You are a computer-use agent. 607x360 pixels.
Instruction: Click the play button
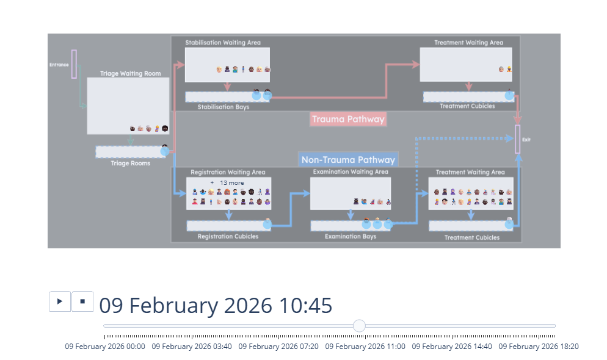pos(60,301)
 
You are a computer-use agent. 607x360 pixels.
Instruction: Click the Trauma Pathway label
pos(348,119)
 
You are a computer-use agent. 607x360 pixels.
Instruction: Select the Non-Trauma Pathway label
pos(348,160)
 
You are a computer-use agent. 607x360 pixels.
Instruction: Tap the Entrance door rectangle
pos(74,64)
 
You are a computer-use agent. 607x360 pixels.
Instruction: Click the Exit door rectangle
pos(518,139)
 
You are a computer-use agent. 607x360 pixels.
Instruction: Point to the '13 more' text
pos(232,183)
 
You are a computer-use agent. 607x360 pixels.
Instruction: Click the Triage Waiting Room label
pos(131,73)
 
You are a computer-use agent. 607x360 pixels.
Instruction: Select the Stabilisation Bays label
pos(224,107)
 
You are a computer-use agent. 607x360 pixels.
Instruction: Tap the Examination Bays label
pos(351,236)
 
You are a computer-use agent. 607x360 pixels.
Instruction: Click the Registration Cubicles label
pos(228,236)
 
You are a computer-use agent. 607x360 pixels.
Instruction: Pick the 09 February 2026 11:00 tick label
pos(365,347)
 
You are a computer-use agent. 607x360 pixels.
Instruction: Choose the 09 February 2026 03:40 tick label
pos(192,347)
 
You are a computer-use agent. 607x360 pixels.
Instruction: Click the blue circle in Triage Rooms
pos(165,151)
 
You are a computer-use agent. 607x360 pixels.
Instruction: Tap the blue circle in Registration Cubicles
pos(267,224)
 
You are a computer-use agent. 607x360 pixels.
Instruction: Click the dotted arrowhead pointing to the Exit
pos(510,138)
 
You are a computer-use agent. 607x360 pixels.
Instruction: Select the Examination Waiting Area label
pos(351,171)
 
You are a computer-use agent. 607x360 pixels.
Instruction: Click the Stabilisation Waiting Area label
pos(223,43)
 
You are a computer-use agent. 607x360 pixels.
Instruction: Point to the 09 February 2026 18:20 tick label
pos(539,347)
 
